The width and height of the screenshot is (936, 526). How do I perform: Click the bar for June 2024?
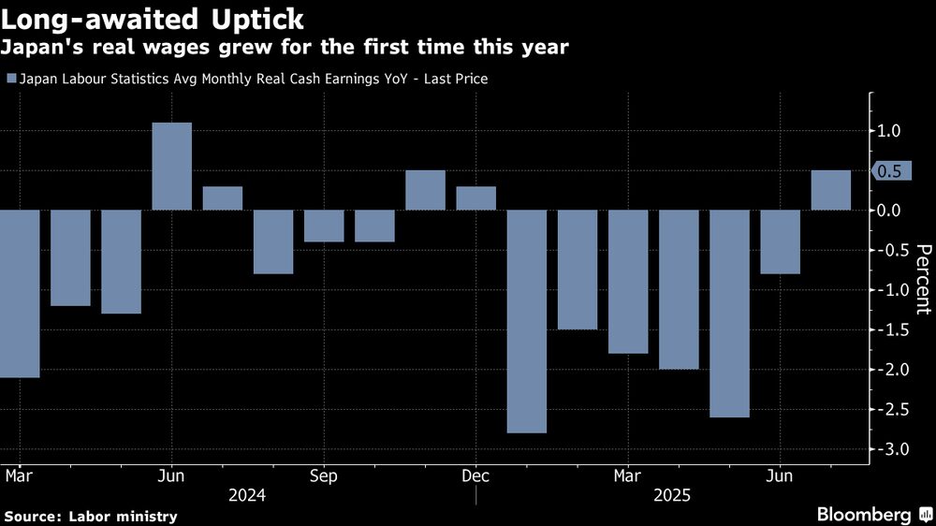pos(171,166)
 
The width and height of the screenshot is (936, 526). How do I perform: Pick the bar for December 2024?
pos(475,197)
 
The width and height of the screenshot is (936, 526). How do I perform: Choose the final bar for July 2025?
pos(830,190)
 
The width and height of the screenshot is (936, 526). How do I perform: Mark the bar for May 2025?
pos(729,314)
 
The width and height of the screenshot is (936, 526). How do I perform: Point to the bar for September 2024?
pos(324,226)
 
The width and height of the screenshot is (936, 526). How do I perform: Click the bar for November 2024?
pos(425,190)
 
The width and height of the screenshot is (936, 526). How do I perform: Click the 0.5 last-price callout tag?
pos(889,171)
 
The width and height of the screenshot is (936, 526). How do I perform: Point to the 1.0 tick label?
pos(889,131)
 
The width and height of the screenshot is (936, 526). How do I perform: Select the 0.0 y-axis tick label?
pos(889,211)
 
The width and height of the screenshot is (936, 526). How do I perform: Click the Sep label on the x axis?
pos(324,475)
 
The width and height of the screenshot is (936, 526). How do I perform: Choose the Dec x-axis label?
pos(475,475)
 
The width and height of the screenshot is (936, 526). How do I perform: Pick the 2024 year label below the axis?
pos(247,495)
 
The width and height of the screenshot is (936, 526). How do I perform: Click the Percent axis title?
pos(923,279)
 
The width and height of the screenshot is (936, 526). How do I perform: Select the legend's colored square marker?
pos(11,80)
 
